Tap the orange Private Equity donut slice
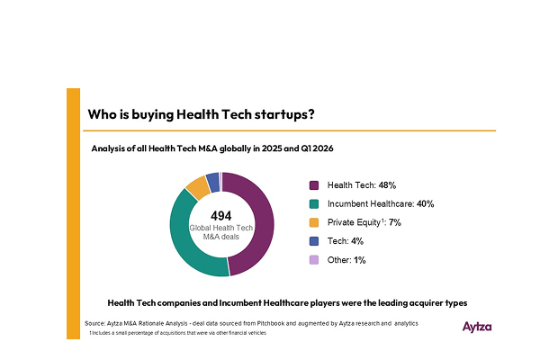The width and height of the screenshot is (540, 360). tap(197, 187)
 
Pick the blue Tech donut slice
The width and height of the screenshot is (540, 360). tap(212, 182)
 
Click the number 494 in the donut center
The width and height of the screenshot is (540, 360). tap(221, 216)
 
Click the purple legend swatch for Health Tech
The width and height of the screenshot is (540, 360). tap(314, 185)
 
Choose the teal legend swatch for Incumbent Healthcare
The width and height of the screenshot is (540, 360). tap(314, 204)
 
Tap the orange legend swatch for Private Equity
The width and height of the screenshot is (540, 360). tap(314, 222)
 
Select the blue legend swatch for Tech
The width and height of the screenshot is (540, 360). tap(314, 241)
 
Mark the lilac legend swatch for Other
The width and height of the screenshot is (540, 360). tap(314, 260)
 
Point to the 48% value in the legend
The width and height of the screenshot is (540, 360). tap(387, 185)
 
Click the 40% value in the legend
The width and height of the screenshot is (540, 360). tap(426, 204)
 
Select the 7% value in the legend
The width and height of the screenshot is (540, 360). tap(395, 222)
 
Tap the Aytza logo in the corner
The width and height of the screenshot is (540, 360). tap(477, 327)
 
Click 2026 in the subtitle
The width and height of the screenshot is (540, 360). tap(323, 148)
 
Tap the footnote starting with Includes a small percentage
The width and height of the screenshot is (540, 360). tap(177, 333)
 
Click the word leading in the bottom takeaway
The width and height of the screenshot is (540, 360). tap(392, 303)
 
